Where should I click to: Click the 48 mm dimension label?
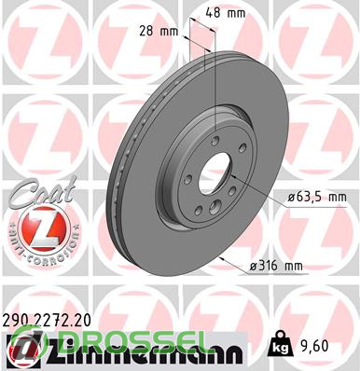(226, 13)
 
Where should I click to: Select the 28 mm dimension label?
(159, 31)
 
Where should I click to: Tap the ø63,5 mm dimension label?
(317, 198)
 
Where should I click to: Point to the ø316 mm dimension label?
(276, 266)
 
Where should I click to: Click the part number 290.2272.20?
(47, 321)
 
